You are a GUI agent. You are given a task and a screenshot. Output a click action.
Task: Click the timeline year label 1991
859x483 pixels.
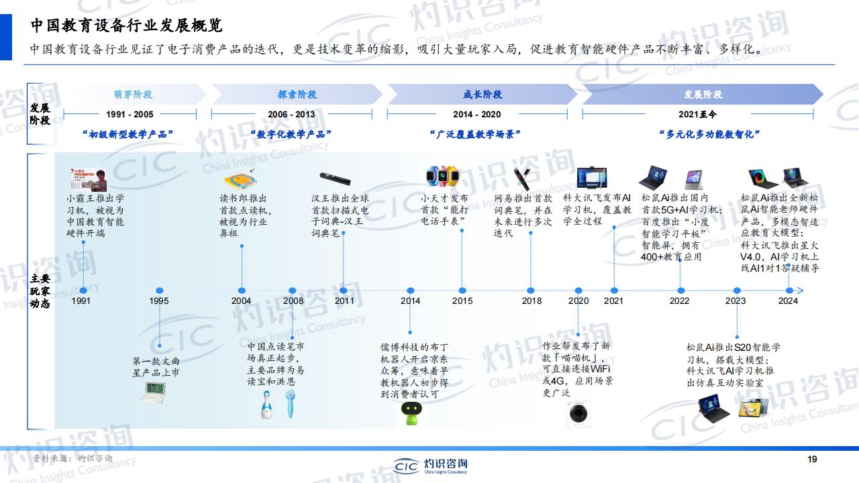(81, 301)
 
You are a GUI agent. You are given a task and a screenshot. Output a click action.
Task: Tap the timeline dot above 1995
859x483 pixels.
(160, 290)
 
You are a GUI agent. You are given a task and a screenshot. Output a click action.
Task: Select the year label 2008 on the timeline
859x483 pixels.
(293, 301)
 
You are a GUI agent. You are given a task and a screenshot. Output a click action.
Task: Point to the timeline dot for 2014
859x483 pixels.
(410, 290)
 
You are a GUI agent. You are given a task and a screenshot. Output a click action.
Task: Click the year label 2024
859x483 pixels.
(788, 301)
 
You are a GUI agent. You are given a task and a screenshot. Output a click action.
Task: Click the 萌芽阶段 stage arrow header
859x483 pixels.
(133, 95)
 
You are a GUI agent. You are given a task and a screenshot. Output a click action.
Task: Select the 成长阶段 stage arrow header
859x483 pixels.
(482, 95)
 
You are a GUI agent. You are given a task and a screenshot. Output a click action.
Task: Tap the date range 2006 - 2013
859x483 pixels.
(291, 114)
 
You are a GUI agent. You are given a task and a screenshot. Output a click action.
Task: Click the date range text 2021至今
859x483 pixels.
(697, 114)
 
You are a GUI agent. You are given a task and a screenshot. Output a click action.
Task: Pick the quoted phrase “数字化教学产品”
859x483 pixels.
(291, 134)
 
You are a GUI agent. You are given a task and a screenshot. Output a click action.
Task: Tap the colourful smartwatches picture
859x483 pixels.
(442, 176)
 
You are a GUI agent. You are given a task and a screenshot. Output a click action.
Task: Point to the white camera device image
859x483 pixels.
(578, 414)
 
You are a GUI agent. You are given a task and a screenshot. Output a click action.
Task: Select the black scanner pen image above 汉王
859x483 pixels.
(335, 178)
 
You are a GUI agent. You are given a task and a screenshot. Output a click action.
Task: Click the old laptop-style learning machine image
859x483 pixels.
(153, 392)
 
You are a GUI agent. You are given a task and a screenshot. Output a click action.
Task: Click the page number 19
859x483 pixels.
(812, 460)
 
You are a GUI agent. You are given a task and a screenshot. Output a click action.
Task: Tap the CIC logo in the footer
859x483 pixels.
(430, 466)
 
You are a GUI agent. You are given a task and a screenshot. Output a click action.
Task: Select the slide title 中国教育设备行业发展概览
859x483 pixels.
(127, 25)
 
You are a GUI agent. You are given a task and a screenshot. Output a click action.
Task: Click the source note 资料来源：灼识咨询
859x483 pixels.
(72, 458)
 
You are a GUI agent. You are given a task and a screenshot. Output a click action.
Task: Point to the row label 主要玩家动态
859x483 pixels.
(40, 291)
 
